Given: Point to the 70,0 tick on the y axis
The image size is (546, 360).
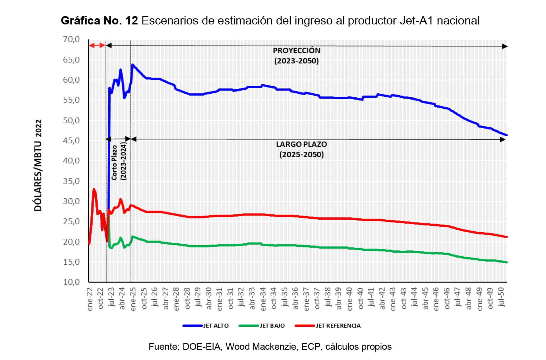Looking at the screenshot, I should [x=71, y=39].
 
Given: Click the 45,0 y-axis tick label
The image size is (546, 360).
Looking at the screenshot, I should [x=71, y=141].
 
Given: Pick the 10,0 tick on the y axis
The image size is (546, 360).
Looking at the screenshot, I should [x=71, y=282].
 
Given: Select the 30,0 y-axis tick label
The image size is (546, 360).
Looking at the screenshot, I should [x=71, y=201].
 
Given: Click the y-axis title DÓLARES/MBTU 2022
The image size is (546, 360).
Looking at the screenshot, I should [x=38, y=165].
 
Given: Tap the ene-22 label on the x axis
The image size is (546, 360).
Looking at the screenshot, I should [x=90, y=299].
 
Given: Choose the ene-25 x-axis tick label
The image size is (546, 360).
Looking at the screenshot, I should [x=133, y=299].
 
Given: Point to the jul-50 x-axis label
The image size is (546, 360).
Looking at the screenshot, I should [x=501, y=297].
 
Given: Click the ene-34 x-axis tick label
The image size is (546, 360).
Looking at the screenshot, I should [x=263, y=299].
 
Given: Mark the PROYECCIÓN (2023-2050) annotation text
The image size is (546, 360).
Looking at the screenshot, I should [x=297, y=55].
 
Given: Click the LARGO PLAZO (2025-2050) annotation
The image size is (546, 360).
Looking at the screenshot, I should [x=301, y=149].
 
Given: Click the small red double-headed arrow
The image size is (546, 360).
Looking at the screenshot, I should [x=97, y=45].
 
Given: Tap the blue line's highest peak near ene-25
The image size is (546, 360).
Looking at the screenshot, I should [x=133, y=65].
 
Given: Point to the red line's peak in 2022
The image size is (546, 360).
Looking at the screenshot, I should [x=94, y=189].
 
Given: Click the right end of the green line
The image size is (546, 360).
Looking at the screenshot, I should [x=506, y=262].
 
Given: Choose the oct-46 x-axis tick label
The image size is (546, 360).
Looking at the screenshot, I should [x=447, y=299].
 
